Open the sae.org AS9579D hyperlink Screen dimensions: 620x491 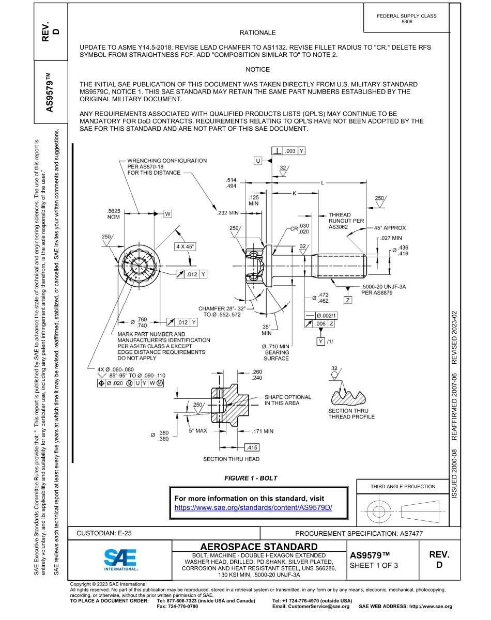click(253, 507)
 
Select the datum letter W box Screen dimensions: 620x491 click(168, 213)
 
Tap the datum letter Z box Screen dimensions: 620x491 click(348, 300)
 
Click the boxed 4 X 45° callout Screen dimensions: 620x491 click(185, 246)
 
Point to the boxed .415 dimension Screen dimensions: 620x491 click(252, 447)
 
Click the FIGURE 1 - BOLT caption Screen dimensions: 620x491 click(251, 478)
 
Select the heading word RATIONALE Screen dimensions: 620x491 click(257, 33)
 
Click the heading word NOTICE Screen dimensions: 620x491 click(257, 69)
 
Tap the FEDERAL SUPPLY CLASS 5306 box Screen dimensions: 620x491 click(407, 19)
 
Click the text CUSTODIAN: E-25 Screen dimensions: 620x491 click(108, 533)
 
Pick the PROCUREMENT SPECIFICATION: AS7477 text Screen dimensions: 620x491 click(359, 533)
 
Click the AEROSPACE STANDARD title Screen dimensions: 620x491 click(259, 547)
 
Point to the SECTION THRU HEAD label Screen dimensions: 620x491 click(231, 459)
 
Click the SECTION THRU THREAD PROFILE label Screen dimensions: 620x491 click(351, 414)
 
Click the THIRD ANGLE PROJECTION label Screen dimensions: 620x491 click(403, 486)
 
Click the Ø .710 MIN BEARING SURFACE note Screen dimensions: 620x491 click(276, 352)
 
